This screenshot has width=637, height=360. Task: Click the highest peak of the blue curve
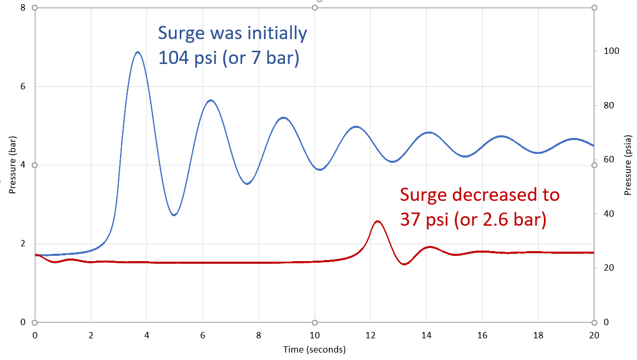[137, 52]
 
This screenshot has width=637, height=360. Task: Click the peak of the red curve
[377, 221]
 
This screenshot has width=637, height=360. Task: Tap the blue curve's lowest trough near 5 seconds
[174, 215]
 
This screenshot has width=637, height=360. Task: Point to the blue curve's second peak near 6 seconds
[210, 100]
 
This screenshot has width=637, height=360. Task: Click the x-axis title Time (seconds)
[315, 349]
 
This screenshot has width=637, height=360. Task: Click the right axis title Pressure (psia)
[628, 165]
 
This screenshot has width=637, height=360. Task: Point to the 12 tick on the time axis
[371, 335]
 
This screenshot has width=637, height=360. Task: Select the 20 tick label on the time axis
[594, 335]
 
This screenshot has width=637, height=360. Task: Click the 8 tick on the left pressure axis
[23, 8]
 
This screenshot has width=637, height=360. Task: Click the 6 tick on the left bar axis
[23, 87]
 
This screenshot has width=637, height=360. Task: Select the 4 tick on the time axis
[147, 335]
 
